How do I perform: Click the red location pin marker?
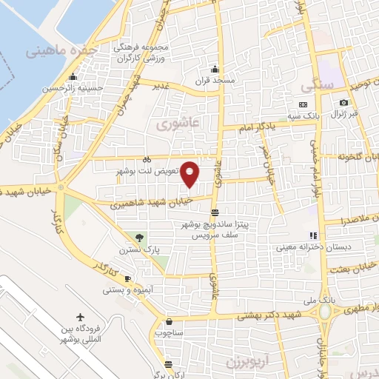click(190, 174)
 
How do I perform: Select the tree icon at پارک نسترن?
click(139, 238)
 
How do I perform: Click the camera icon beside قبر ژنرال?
click(343, 102)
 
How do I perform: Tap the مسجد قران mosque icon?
click(215, 69)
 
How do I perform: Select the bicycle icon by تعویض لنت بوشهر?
click(147, 158)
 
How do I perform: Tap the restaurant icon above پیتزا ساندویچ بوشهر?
click(215, 212)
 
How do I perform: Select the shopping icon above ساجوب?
click(170, 322)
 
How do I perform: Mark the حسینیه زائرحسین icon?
click(73, 78)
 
